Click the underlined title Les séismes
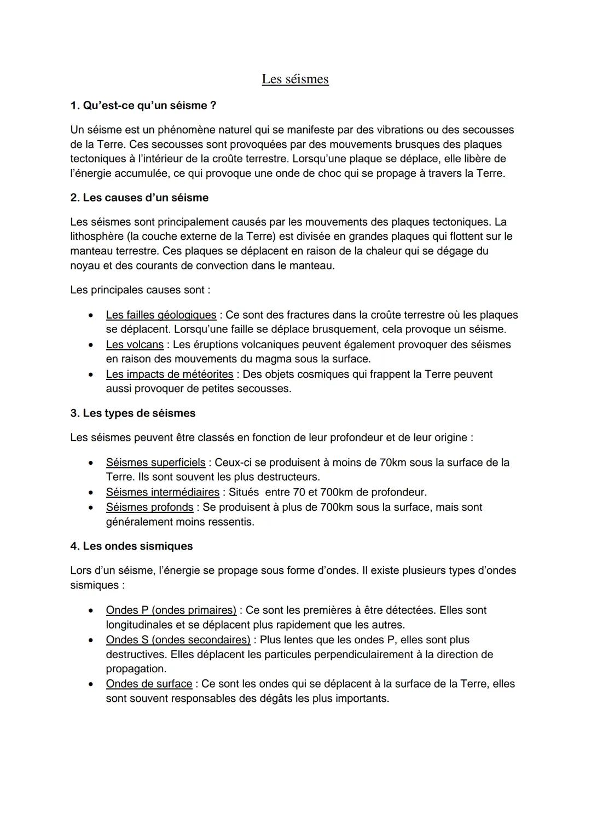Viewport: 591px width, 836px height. pyautogui.click(x=295, y=79)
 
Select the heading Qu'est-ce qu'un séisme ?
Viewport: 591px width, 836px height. pyautogui.click(x=143, y=105)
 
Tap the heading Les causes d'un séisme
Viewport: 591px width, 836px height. pyautogui.click(x=139, y=198)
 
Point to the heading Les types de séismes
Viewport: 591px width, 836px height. pyautogui.click(x=132, y=413)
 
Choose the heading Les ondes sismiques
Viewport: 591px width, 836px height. pyautogui.click(x=131, y=546)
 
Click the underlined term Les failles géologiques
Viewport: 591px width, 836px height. pyautogui.click(x=161, y=315)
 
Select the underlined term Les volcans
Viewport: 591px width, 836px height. pyautogui.click(x=135, y=344)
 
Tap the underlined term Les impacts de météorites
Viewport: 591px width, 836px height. pyautogui.click(x=170, y=374)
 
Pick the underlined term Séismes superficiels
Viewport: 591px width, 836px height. pyautogui.click(x=155, y=463)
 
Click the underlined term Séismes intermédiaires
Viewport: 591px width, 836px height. pyautogui.click(x=163, y=492)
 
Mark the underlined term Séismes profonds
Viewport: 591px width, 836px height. pyautogui.click(x=149, y=507)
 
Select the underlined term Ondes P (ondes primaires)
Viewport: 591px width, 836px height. pyautogui.click(x=171, y=610)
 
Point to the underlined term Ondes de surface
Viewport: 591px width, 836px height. pyautogui.click(x=149, y=684)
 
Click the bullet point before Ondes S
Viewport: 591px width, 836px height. pyautogui.click(x=90, y=640)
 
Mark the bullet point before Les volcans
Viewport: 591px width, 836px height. pyautogui.click(x=90, y=345)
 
